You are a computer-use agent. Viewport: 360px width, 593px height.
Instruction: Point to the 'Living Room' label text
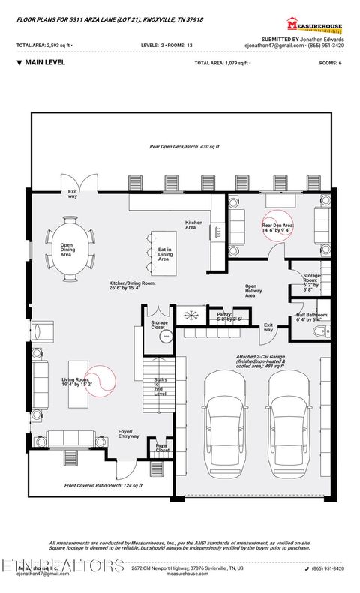pos(76,383)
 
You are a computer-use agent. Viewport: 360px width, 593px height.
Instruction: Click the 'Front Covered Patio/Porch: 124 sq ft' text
pos(103,486)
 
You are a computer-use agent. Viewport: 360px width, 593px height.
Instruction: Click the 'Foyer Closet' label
pos(162,448)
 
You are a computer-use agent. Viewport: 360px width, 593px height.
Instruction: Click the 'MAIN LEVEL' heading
pos(44,63)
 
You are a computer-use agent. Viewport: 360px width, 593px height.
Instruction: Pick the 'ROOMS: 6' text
pos(331,64)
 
